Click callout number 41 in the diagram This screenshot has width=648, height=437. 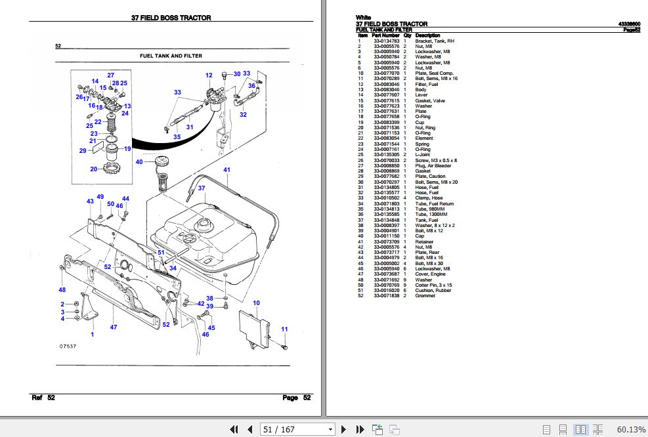pos(227,171)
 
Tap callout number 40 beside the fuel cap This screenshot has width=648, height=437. pos(139,161)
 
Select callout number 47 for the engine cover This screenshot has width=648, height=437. pos(114,327)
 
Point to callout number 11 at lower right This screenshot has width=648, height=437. pos(284,329)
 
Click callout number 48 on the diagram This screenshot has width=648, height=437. pos(62,289)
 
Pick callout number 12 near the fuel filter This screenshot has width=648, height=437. pos(209,75)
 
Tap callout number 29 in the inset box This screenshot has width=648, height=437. pos(82,151)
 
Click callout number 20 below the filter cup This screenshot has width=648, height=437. pos(94,169)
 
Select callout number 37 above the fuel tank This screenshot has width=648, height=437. pos(202,188)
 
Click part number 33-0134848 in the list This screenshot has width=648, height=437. pos(387,220)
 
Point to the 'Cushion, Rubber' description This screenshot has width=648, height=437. pos(434,291)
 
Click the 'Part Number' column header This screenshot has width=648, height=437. pos(385,35)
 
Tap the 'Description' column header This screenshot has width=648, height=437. pos(427,35)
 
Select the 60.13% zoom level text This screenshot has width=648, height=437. pos(631,429)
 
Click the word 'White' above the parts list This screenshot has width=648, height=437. pos(363,18)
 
